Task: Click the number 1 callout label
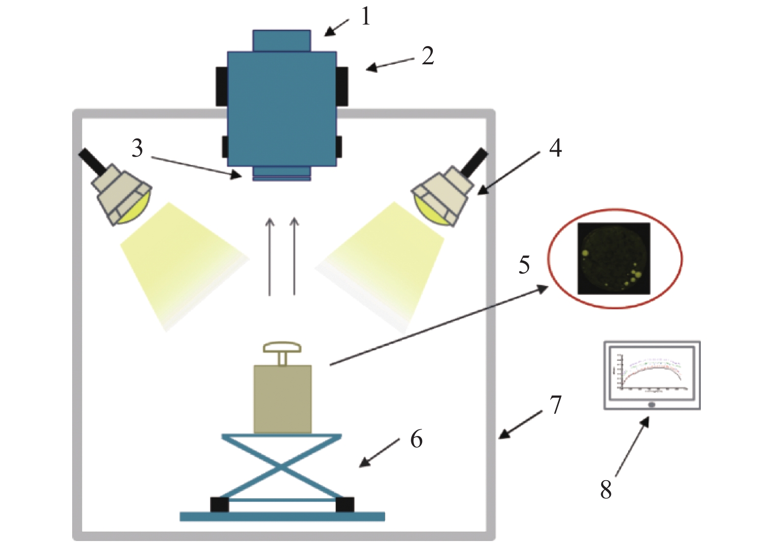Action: (x=365, y=17)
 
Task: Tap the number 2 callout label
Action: (x=427, y=56)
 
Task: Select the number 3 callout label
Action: (x=137, y=148)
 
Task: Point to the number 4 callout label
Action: (x=555, y=147)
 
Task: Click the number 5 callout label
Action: (x=524, y=265)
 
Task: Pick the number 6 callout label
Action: (x=416, y=438)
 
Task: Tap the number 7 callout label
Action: (x=555, y=405)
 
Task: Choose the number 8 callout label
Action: (x=606, y=489)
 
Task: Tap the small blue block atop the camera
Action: (x=281, y=41)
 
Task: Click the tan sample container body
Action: (x=282, y=399)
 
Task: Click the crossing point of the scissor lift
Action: (x=282, y=467)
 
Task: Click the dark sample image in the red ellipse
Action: (x=613, y=259)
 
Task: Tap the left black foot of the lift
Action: (x=219, y=505)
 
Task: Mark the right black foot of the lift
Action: (x=345, y=505)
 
